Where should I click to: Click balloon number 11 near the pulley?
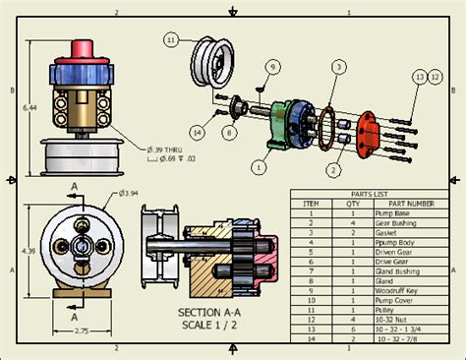(170, 40)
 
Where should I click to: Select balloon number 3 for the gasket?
(337, 67)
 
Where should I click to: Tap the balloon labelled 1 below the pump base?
(259, 168)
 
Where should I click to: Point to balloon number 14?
(198, 131)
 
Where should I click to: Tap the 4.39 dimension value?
(29, 251)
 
